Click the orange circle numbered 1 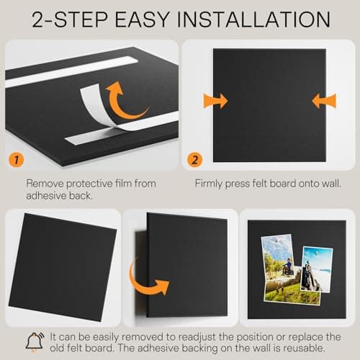click(x=17, y=160)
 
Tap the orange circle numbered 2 click(x=194, y=160)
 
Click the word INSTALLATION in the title click(x=253, y=19)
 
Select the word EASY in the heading click(x=143, y=19)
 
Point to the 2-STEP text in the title click(x=70, y=19)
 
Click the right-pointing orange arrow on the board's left click(x=215, y=101)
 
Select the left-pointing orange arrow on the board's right click(x=324, y=101)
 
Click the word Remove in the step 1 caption click(x=45, y=184)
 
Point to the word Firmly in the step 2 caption click(x=209, y=184)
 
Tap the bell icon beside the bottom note click(x=35, y=342)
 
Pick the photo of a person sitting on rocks click(x=316, y=269)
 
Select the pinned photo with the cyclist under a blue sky click(x=279, y=257)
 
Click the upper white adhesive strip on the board click(x=71, y=72)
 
